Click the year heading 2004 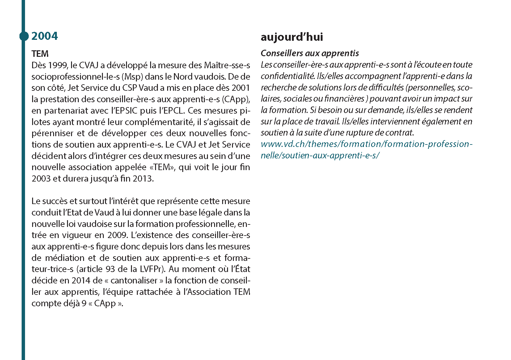click(44, 36)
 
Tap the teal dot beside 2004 click(24, 36)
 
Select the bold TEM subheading click(40, 54)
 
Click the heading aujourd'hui click(292, 37)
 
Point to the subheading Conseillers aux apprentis click(310, 53)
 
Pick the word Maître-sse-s click(227, 65)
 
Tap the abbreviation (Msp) click(132, 77)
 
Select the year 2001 click(241, 88)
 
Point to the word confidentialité click(287, 76)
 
